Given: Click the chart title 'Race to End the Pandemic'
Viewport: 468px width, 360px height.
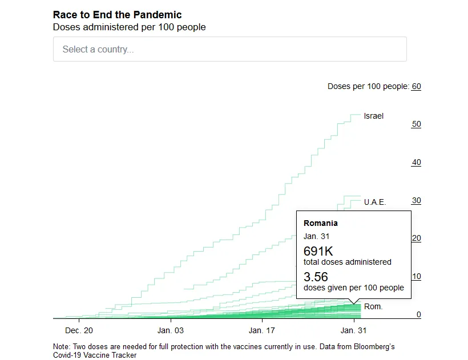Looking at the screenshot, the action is pos(118,15).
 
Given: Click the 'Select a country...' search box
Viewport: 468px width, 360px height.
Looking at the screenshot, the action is pos(230,49).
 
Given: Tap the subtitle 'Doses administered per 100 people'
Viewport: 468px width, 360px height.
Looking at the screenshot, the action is pos(129,27).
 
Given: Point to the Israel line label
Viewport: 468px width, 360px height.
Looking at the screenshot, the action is pos(373,116).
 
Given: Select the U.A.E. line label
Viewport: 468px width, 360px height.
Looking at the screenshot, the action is pos(375,202).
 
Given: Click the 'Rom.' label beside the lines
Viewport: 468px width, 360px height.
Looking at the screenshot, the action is pos(373,306).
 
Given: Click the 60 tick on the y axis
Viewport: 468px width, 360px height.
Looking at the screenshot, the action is pos(417,87).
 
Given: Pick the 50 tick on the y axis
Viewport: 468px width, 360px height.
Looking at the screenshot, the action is pos(417,124).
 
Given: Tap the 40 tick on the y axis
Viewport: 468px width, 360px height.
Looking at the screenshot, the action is pos(417,162).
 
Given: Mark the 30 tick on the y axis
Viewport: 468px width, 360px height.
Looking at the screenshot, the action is pos(417,200).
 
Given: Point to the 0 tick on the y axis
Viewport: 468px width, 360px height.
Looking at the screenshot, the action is pos(418,314).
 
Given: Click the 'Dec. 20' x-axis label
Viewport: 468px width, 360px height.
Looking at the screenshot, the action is pos(79,330).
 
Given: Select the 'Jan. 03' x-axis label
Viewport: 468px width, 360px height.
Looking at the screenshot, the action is pos(171,330).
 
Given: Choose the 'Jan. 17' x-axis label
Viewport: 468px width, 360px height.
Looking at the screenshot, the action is pos(262,330).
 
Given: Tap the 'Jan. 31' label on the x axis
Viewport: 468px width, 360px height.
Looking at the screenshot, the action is pos(353,330).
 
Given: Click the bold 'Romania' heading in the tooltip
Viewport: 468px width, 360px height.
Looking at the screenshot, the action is pos(321,223).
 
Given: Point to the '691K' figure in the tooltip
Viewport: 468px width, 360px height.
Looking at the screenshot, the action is pos(318,251).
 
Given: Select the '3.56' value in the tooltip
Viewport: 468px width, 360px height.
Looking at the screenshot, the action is pos(316,277).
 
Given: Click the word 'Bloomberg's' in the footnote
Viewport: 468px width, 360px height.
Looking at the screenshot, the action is pos(374,346).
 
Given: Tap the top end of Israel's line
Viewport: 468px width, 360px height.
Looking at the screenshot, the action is pos(361,115).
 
